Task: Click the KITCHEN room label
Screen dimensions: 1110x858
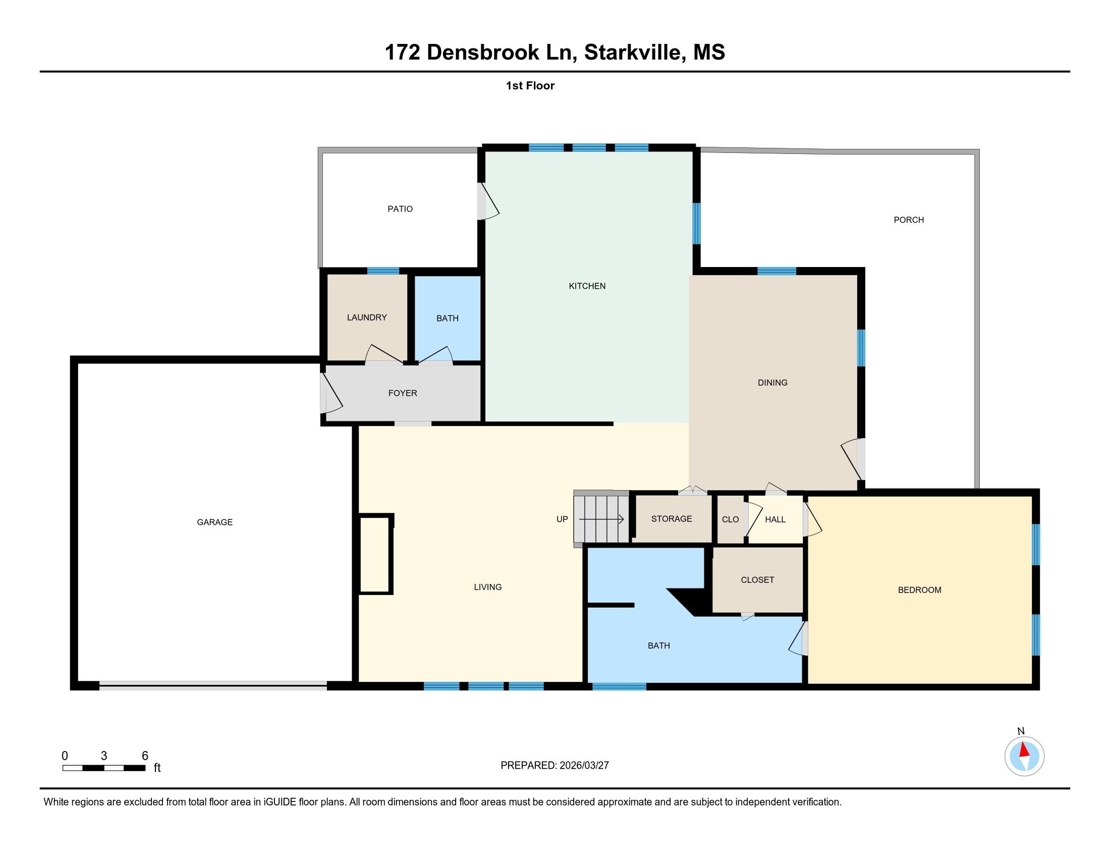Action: (587, 286)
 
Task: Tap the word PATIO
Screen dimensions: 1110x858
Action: (400, 209)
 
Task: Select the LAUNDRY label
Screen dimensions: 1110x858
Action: (367, 317)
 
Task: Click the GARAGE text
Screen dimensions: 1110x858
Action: (214, 522)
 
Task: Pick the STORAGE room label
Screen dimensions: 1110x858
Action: (672, 519)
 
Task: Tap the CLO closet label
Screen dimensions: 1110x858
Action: (731, 519)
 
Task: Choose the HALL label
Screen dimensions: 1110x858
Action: (775, 519)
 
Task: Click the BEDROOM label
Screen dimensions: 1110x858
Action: (919, 590)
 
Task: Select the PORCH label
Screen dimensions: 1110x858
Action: (909, 220)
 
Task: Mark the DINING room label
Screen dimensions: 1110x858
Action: (772, 383)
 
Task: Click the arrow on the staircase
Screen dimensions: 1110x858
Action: (601, 519)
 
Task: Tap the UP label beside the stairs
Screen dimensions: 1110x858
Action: (562, 519)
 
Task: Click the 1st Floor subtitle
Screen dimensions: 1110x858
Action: (530, 86)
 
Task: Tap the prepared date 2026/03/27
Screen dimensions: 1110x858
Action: (584, 766)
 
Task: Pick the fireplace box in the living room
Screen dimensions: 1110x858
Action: (376, 554)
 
